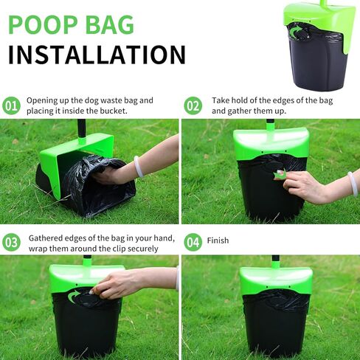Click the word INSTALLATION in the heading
(x=96, y=55)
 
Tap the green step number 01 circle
(x=12, y=105)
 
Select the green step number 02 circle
(x=193, y=105)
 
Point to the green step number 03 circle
(x=12, y=242)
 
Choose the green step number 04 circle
(x=193, y=242)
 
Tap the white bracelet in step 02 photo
(x=353, y=182)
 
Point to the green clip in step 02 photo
(x=280, y=175)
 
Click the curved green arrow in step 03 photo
(x=75, y=297)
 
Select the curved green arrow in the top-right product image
(x=295, y=32)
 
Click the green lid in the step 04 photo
(x=275, y=279)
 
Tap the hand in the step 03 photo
(x=118, y=283)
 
